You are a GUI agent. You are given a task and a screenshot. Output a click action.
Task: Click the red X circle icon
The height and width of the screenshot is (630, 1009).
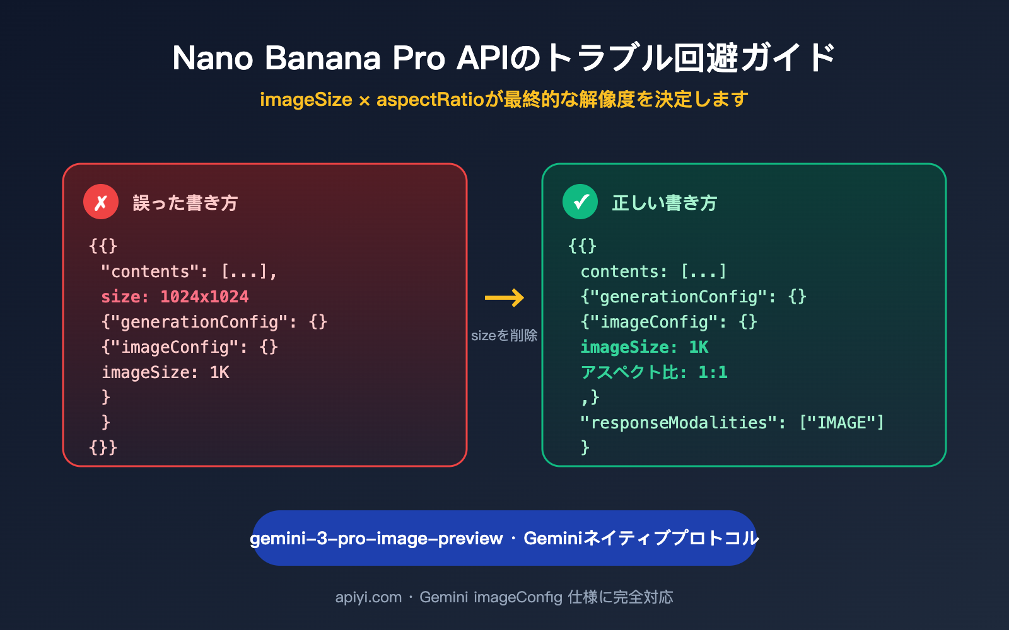101,202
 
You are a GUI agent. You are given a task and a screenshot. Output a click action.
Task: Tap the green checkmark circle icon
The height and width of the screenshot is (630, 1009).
580,202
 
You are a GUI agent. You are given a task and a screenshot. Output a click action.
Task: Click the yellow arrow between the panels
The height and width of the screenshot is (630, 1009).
504,297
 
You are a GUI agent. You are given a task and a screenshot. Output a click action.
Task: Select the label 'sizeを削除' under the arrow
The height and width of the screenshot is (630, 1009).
504,335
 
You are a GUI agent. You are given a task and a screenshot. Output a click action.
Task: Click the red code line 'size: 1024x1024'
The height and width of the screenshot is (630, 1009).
175,297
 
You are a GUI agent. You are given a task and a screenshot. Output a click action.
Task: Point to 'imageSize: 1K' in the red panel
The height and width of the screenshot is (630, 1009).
165,372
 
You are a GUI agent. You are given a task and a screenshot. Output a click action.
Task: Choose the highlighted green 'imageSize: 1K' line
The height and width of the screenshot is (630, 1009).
644,347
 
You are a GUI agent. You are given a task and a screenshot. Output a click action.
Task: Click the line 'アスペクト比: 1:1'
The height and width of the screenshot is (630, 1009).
654,372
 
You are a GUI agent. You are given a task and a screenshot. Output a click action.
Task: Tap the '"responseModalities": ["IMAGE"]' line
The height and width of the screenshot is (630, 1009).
732,423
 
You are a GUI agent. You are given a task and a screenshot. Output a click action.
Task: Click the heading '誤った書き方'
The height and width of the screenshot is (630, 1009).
185,203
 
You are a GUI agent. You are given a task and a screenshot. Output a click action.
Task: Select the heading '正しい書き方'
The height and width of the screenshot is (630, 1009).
664,203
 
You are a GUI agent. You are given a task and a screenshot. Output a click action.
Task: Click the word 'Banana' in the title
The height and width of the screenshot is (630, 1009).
322,58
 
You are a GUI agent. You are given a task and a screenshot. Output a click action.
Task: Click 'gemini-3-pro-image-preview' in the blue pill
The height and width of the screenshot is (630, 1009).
376,539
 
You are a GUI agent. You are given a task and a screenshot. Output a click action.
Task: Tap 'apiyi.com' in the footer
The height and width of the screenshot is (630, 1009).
368,597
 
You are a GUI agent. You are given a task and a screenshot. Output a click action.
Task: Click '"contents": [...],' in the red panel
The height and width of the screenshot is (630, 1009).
189,272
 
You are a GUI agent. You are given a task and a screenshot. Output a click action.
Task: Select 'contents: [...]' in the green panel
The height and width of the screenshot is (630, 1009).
653,272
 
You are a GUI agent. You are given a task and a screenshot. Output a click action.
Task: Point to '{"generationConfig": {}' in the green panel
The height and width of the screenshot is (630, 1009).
693,297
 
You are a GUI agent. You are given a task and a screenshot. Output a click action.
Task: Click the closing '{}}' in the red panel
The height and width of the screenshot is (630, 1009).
103,447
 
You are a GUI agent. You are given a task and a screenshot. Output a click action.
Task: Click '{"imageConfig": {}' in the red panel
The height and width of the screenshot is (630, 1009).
189,347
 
